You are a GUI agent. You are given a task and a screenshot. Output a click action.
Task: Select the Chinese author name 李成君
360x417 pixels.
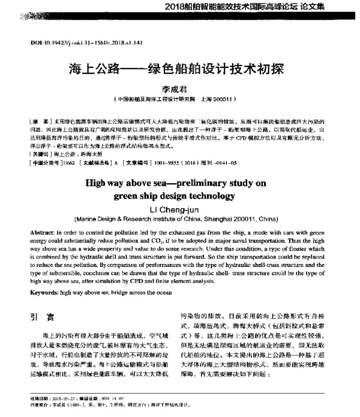[x=180, y=87]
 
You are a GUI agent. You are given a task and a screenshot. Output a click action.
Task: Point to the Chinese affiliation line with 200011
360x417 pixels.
[x=180, y=98]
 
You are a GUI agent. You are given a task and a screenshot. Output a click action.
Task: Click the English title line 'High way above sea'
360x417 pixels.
[x=180, y=182]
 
